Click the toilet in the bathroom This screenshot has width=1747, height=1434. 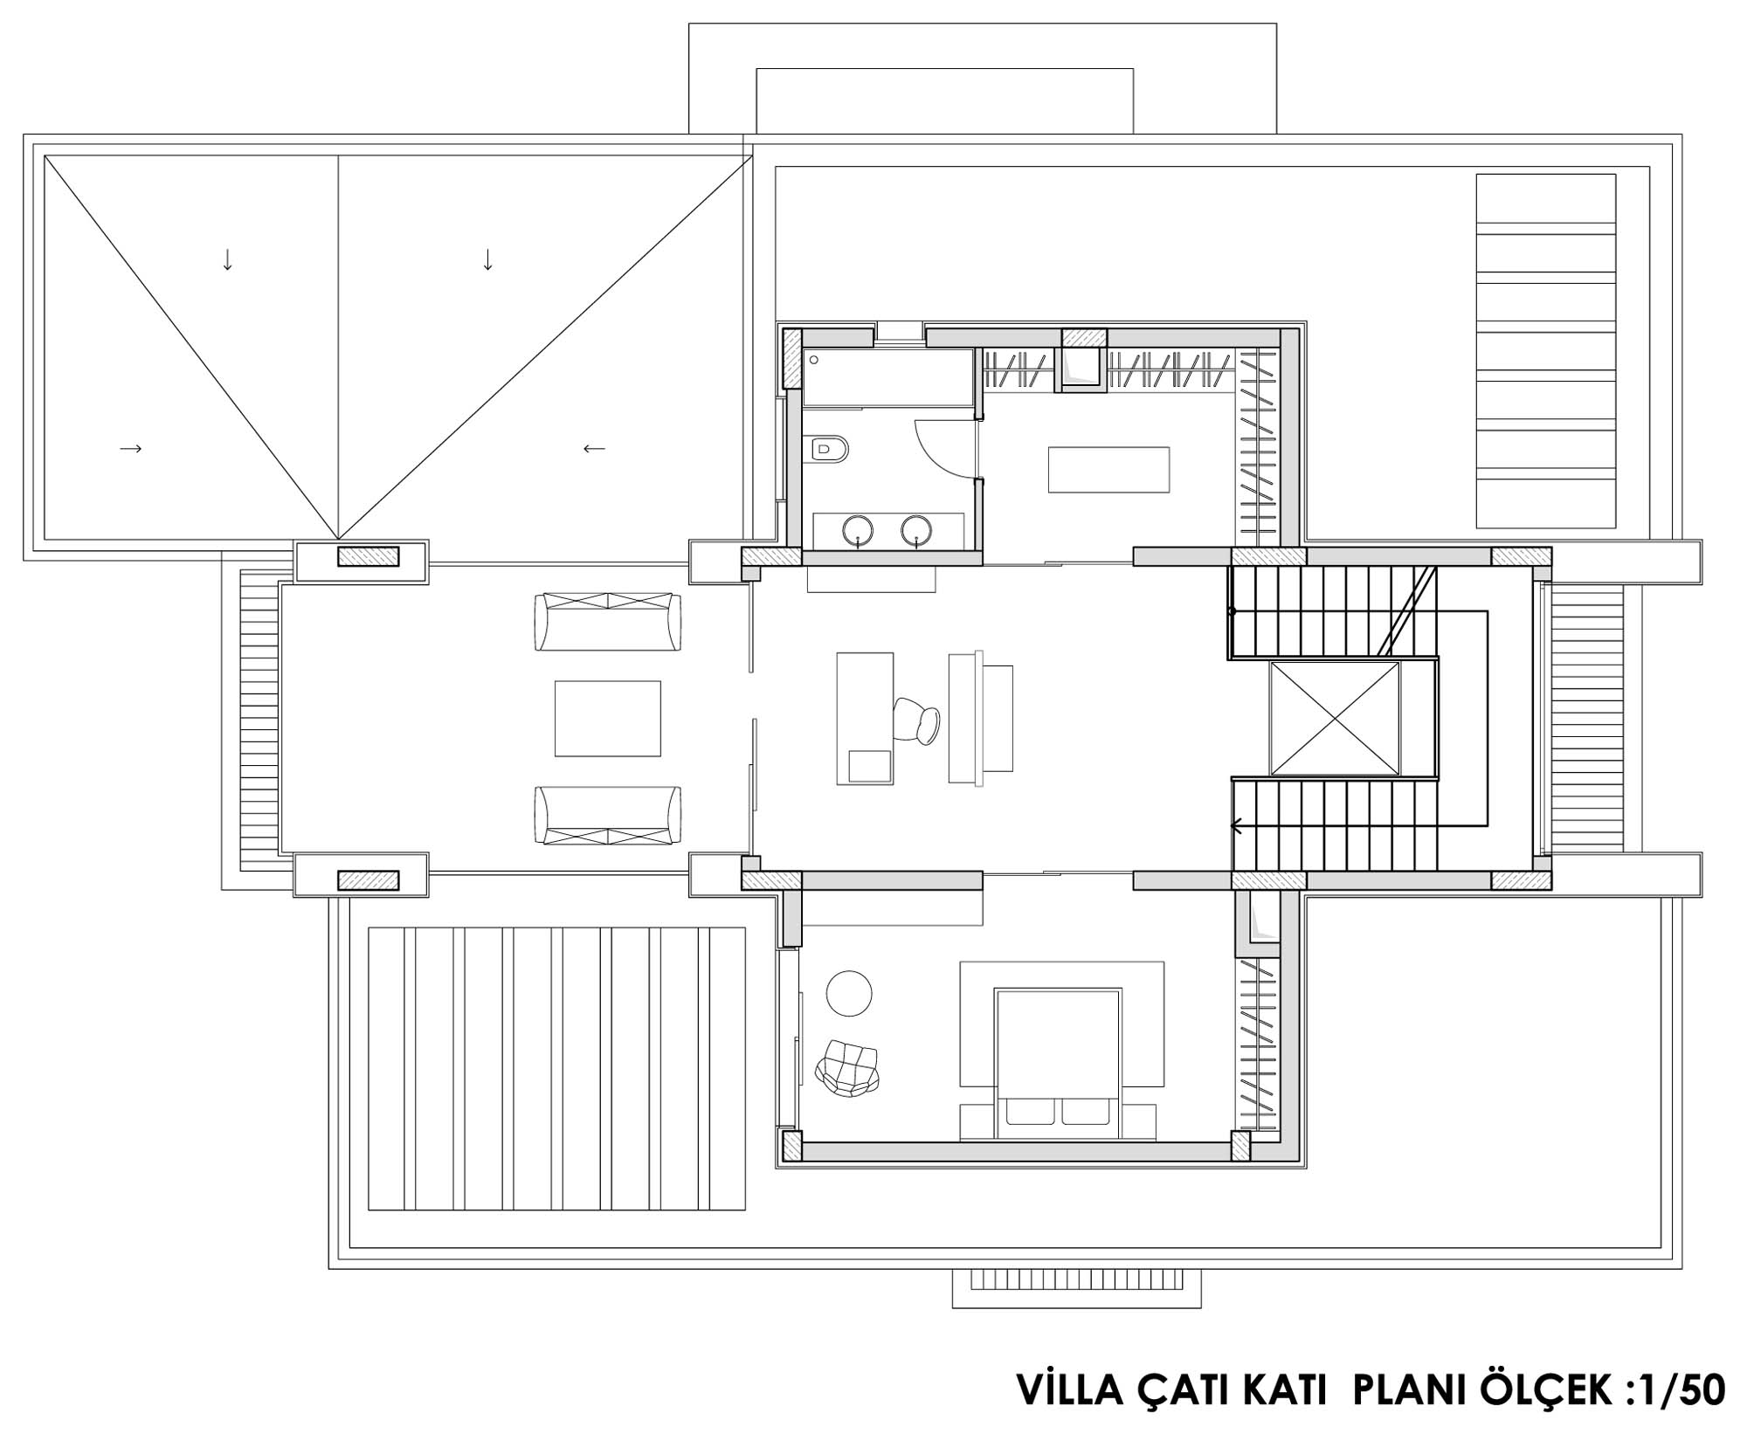click(828, 450)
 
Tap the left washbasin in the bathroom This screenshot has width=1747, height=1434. click(859, 528)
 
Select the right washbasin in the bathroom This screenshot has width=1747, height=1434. click(916, 528)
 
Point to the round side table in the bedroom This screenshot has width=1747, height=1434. click(849, 993)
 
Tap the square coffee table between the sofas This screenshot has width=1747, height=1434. click(608, 719)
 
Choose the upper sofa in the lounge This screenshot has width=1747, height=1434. click(608, 622)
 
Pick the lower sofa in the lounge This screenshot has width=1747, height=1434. click(608, 816)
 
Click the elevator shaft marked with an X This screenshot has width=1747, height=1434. click(1336, 719)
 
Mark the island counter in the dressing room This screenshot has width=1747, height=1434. click(1108, 470)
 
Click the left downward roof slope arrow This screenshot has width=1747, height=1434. click(227, 259)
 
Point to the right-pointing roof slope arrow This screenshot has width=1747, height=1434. click(131, 449)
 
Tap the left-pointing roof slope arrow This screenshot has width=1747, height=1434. click(594, 449)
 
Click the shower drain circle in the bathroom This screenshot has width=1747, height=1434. click(813, 360)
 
